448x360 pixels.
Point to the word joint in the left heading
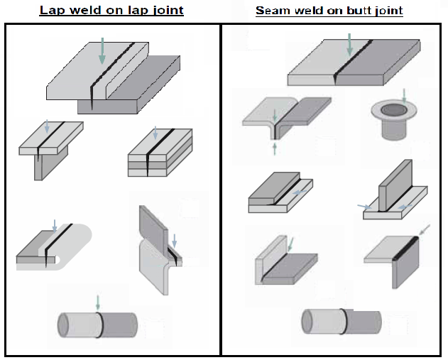[164, 11]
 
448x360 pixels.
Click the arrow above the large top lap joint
[102, 51]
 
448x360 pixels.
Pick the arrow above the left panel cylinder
[98, 301]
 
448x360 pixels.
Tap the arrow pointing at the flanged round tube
[404, 94]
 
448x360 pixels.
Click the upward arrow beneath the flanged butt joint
[275, 148]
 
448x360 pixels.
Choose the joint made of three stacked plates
[151, 154]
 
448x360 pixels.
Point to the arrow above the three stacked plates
[155, 133]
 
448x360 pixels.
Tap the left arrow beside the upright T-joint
[364, 207]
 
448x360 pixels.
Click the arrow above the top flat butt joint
[349, 44]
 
